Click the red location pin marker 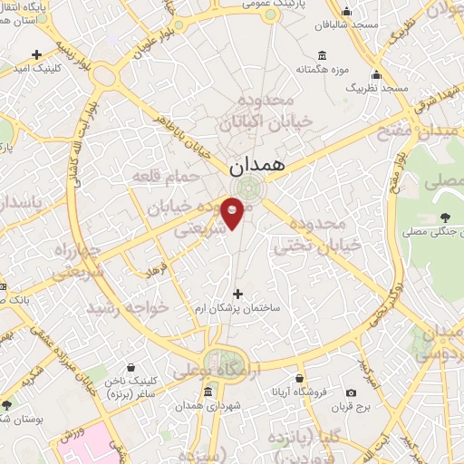233,212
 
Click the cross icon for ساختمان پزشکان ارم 238,294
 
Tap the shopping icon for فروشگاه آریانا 300,379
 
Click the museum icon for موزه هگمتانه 324,54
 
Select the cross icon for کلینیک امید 36,55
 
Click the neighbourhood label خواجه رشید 128,307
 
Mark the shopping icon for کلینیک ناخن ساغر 133,368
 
